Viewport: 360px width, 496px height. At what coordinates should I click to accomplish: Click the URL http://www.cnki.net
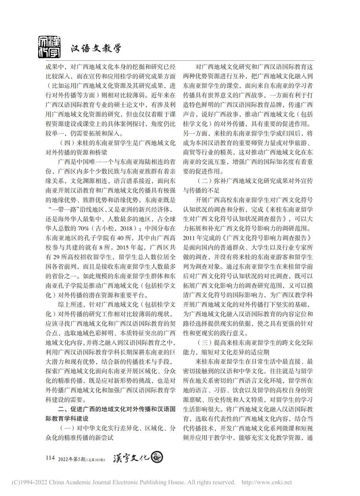tap(267, 482)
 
